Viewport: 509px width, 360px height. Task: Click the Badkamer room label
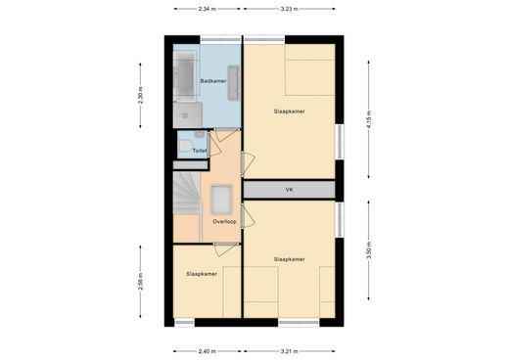click(213, 81)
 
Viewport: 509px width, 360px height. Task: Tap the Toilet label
click(200, 151)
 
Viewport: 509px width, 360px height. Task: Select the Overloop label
click(224, 221)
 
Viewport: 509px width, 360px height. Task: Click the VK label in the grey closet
click(289, 190)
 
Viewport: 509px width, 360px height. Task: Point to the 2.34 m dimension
click(208, 9)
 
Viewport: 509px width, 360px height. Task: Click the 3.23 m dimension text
click(290, 9)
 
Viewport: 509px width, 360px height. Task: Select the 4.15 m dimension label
click(369, 119)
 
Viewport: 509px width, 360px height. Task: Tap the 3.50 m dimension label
click(369, 250)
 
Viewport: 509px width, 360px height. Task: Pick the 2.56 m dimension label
click(140, 282)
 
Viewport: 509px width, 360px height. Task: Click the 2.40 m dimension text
click(208, 351)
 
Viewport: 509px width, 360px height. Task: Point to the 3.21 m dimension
click(290, 351)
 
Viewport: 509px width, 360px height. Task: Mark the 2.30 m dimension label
click(140, 95)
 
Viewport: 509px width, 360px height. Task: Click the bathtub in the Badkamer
click(185, 76)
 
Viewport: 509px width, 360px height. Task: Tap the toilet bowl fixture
click(185, 146)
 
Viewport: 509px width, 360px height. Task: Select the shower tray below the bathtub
click(188, 114)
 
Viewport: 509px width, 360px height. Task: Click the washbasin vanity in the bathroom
click(234, 82)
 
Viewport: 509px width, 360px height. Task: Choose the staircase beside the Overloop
click(186, 193)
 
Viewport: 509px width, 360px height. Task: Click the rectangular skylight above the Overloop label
click(221, 200)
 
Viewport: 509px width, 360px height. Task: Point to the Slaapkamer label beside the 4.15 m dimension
click(289, 112)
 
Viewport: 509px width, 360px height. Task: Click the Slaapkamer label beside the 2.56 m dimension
click(202, 274)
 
